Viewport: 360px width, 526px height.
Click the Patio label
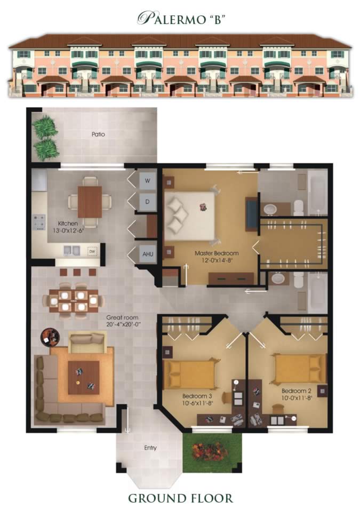98,134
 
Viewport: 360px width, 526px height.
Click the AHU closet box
148,255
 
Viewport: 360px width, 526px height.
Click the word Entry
150,448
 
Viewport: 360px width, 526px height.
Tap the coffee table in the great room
83,377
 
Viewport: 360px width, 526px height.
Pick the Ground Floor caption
180,498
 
